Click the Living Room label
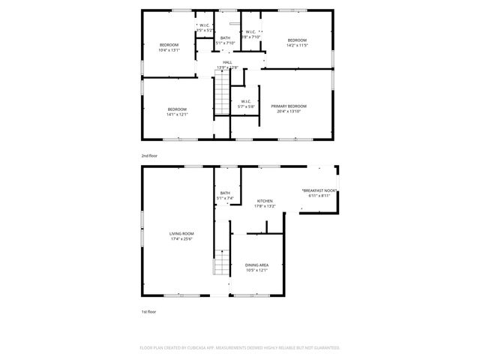181,234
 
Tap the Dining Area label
257,265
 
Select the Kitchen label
265,201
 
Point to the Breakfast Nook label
319,191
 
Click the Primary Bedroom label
289,106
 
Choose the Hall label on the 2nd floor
227,62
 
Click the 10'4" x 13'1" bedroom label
169,45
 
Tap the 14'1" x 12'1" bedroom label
177,109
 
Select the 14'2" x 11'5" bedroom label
297,40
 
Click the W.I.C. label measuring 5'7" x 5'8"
246,101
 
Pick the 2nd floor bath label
225,37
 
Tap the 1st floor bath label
225,193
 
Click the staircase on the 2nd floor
222,96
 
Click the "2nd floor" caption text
149,155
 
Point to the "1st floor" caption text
148,311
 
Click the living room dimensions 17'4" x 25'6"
181,239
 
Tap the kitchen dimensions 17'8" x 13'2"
265,205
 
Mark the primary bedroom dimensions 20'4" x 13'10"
289,112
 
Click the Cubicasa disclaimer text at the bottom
240,348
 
